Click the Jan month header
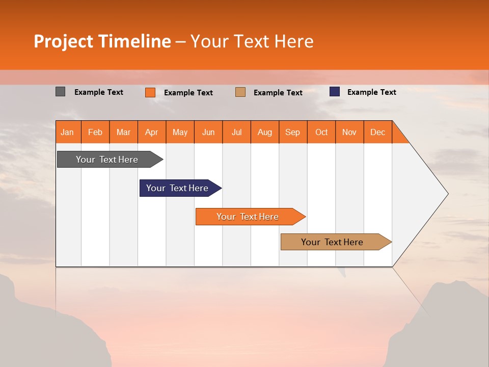68,132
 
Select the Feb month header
95,132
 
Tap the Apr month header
152,132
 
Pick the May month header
180,132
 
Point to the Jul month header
237,132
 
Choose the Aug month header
265,132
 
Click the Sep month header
293,132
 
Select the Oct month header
321,132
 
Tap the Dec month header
378,132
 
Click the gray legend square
61,92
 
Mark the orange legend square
150,92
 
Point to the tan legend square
240,92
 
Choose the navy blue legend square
335,92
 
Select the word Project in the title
63,41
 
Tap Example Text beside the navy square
372,92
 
